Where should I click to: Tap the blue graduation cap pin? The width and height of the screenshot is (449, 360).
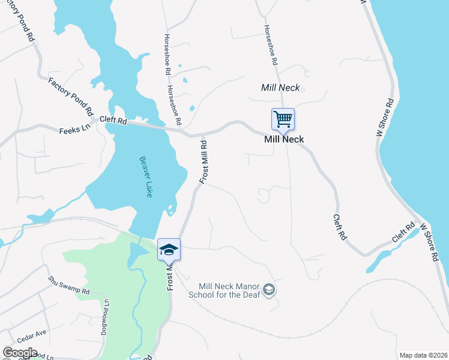(169, 249)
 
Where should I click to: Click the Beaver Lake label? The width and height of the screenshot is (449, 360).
(145, 177)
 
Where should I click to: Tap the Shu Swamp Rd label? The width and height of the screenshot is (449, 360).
(69, 283)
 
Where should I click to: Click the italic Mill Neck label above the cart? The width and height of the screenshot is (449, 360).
(280, 88)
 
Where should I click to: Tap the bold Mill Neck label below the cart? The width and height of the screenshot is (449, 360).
(284, 139)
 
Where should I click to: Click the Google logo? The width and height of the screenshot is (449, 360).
(20, 353)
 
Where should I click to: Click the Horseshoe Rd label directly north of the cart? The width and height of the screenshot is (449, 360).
(271, 46)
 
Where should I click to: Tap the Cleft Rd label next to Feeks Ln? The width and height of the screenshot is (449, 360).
(113, 121)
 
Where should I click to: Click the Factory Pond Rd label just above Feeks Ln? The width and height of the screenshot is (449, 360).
(71, 96)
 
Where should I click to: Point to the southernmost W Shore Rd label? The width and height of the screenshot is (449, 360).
(429, 243)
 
